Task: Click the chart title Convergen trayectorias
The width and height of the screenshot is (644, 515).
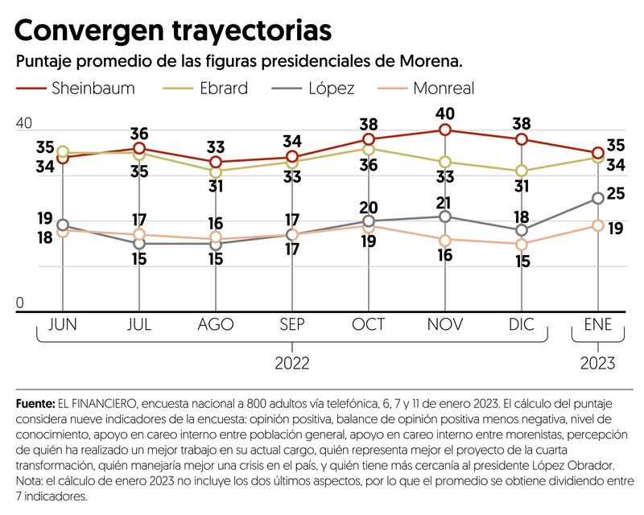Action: click(172, 30)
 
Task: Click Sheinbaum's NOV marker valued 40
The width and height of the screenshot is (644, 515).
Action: click(444, 130)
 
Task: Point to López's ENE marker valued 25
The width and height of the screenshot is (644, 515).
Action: click(597, 198)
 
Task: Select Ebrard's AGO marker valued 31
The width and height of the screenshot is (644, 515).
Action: click(215, 172)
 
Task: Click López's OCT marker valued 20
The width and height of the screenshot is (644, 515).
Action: click(369, 220)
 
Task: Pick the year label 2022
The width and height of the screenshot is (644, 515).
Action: click(291, 364)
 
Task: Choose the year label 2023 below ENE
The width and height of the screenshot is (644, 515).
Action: click(597, 364)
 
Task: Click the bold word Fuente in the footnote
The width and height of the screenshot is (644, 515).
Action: click(34, 402)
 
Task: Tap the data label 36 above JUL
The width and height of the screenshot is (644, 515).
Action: click(140, 133)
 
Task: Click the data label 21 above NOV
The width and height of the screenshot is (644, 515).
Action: click(444, 201)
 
